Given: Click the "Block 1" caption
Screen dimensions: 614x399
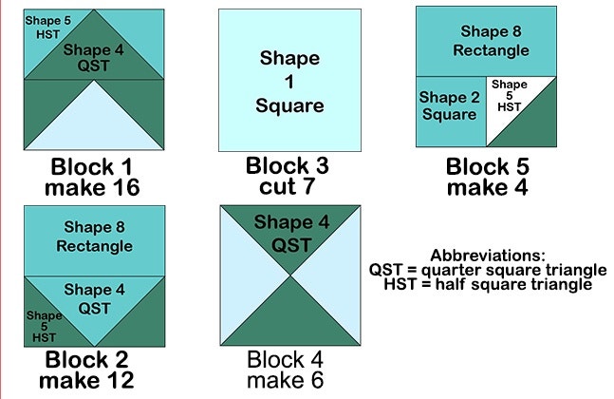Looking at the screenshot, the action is (92, 166).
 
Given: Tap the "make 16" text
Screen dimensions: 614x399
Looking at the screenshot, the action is (92, 187).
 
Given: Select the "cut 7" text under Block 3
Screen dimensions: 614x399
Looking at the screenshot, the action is (287, 186).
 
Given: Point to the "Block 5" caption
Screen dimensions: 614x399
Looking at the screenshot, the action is (488, 166).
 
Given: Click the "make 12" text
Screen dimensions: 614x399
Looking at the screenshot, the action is (86, 381).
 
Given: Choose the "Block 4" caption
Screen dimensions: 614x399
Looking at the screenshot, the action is (285, 359).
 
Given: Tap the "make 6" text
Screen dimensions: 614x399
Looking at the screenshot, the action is (285, 380).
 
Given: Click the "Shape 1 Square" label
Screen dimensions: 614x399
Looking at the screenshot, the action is (289, 82).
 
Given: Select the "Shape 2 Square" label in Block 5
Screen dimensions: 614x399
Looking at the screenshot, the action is (450, 105).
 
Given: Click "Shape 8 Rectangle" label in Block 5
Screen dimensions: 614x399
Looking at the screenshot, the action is (491, 41).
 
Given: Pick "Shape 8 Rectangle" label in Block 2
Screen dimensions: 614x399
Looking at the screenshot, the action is (94, 237).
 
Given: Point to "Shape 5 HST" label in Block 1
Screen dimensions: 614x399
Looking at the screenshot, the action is (48, 28).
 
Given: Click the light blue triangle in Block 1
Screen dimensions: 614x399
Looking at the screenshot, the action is (94, 125).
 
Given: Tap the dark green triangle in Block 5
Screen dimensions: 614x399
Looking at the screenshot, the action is (532, 123).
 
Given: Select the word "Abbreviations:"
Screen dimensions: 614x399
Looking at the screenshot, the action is (488, 256).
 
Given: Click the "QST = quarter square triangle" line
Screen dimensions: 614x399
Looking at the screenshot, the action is (488, 270).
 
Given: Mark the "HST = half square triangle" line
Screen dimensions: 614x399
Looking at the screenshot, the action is (488, 284).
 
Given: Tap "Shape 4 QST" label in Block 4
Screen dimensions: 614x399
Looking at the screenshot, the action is (291, 234).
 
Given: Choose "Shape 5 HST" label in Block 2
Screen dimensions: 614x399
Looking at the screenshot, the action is (44, 326).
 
